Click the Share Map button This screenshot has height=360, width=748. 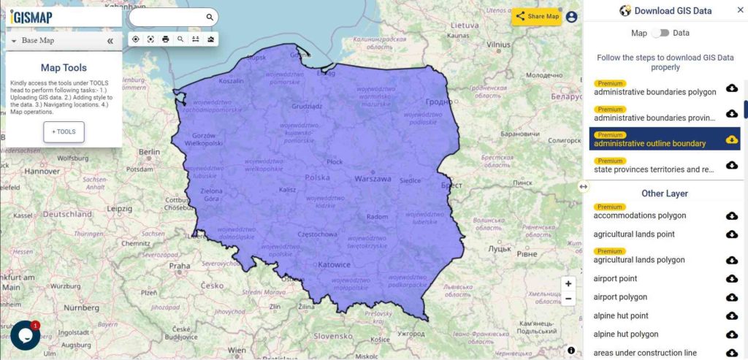[x=536, y=16]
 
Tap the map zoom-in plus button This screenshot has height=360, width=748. [x=568, y=283]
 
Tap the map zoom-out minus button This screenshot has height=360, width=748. [x=568, y=298]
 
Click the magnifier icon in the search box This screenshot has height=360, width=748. [x=210, y=17]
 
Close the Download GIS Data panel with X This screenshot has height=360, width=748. [x=739, y=10]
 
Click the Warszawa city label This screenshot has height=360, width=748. [x=373, y=178]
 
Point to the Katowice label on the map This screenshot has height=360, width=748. [x=333, y=264]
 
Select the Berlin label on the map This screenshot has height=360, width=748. [x=149, y=152]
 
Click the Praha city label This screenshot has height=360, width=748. [x=179, y=266]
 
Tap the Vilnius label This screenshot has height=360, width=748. [x=498, y=44]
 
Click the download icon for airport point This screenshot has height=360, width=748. [x=731, y=279]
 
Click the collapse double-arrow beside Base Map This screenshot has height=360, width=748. [x=110, y=41]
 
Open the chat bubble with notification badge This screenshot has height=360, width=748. [x=25, y=334]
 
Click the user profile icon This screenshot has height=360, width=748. [x=571, y=16]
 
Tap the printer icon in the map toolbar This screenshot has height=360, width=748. [x=166, y=39]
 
